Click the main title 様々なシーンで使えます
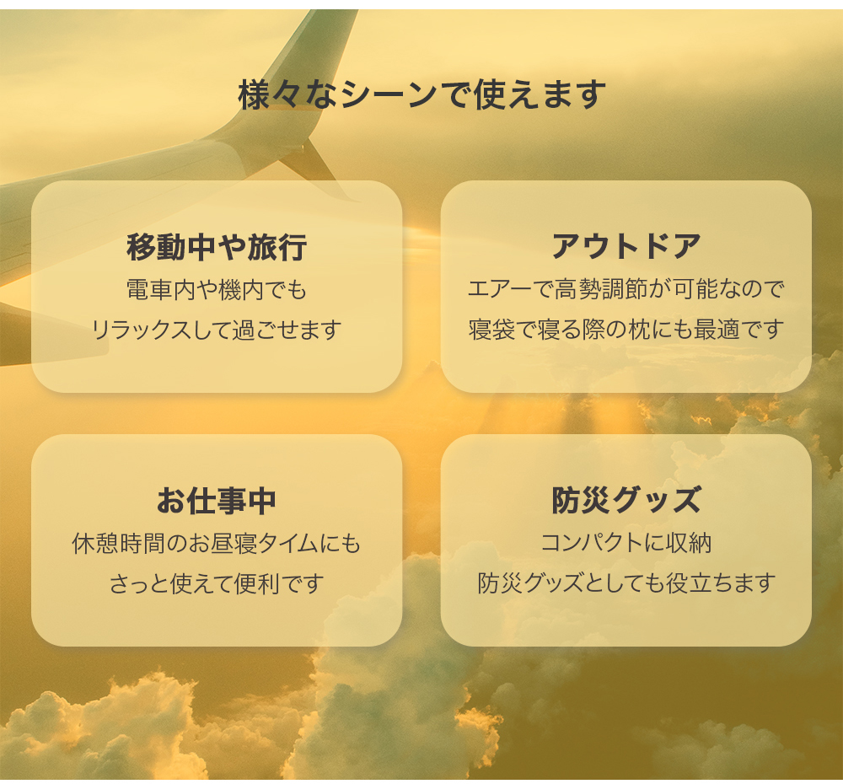click(422, 94)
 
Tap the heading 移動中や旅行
click(217, 247)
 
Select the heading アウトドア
click(626, 246)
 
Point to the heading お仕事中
click(217, 501)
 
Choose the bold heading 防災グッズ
click(626, 500)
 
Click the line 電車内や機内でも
click(217, 290)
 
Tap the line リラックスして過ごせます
click(217, 330)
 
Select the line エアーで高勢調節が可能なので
click(626, 289)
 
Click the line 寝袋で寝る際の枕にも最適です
click(626, 329)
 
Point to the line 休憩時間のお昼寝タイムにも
click(217, 544)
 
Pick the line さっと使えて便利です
click(217, 583)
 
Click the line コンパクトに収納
click(626, 543)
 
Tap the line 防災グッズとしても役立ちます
click(626, 583)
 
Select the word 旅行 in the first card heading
click(277, 247)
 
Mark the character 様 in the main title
click(255, 94)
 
